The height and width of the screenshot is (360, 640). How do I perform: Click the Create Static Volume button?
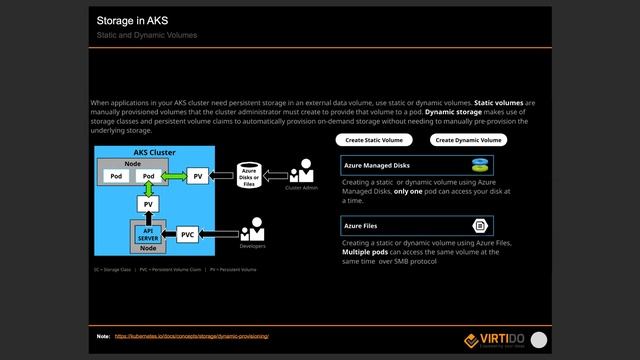(x=374, y=141)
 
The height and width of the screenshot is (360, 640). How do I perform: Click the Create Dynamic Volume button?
(x=469, y=141)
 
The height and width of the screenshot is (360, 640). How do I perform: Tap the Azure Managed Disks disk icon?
(x=480, y=165)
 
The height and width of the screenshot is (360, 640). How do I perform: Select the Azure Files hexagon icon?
(x=480, y=227)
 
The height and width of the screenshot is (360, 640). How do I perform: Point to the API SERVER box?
(x=147, y=235)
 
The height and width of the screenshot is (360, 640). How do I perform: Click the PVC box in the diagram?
(x=187, y=235)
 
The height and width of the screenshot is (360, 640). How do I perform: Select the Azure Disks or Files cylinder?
(x=250, y=175)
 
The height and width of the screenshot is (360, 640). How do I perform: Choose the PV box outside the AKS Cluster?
(x=199, y=176)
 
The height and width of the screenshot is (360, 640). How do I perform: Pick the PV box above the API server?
(x=148, y=204)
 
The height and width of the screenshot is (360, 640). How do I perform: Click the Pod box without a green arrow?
(x=116, y=176)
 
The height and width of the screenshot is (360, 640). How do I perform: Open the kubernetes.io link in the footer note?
(x=192, y=337)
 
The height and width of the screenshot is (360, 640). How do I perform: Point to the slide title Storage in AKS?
(x=133, y=20)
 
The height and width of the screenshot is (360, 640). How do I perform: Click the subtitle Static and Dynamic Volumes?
(x=147, y=35)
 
